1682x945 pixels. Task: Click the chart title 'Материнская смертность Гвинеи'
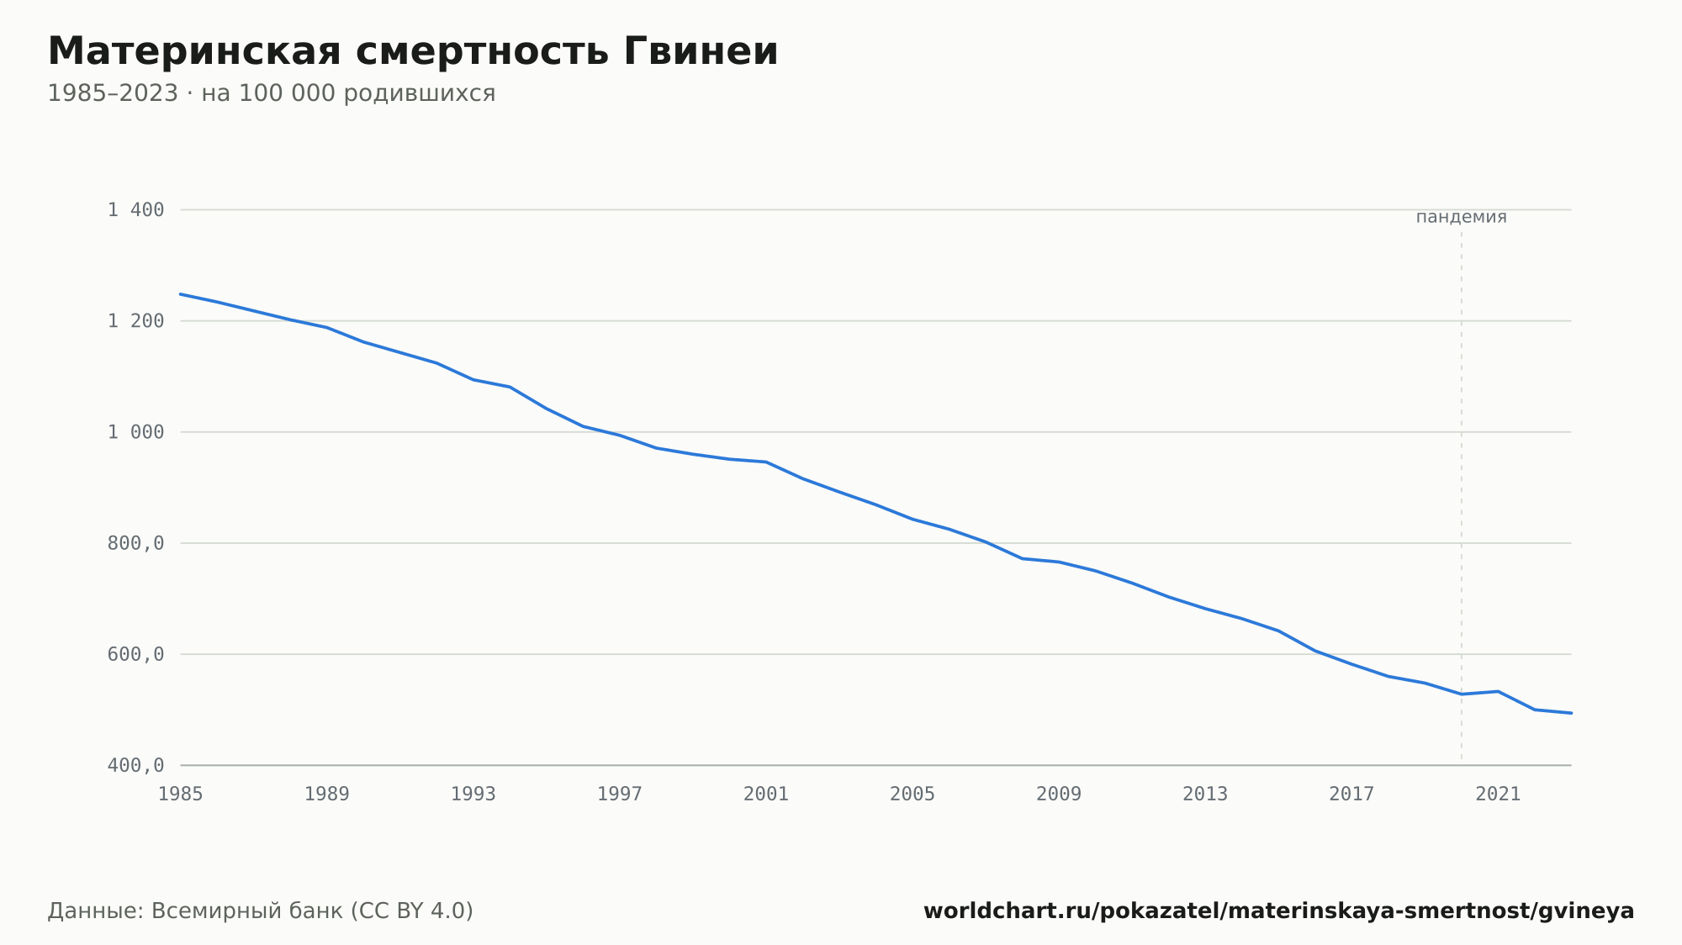(x=413, y=51)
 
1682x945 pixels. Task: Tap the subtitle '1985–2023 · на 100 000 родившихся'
(x=272, y=93)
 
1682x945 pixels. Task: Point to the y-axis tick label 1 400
(x=136, y=210)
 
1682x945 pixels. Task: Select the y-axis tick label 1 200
(x=136, y=321)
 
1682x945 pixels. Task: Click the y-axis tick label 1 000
(x=136, y=432)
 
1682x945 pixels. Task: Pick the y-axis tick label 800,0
(x=136, y=543)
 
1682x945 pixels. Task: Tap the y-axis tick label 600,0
(x=136, y=654)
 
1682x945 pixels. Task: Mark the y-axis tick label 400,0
(x=136, y=765)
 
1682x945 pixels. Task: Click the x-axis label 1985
(x=181, y=795)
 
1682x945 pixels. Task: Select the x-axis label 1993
(x=473, y=795)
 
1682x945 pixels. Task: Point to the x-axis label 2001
(x=766, y=795)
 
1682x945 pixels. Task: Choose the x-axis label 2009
(x=1059, y=795)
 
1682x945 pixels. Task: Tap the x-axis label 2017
(x=1351, y=795)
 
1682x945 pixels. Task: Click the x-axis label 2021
(x=1498, y=795)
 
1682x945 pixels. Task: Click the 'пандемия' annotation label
(x=1462, y=217)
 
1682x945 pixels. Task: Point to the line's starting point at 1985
(x=181, y=294)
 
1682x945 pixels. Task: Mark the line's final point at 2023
(x=1571, y=713)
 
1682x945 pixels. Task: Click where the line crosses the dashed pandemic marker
(x=1462, y=694)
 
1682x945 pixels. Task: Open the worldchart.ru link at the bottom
(x=1279, y=911)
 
